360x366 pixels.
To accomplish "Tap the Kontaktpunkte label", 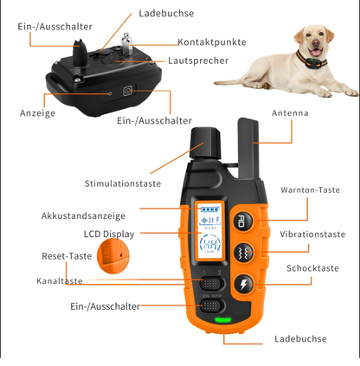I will (x=212, y=42).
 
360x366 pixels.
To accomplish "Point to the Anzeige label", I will (x=37, y=112).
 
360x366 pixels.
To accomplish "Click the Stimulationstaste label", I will (x=122, y=183).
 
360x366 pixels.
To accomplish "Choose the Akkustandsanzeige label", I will (x=83, y=215).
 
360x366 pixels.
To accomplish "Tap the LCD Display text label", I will (x=108, y=234).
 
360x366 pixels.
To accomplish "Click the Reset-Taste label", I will (x=67, y=256).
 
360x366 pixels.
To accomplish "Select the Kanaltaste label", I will (x=59, y=281).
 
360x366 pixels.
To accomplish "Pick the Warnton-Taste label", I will (x=309, y=190).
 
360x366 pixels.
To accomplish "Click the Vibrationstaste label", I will (x=312, y=234).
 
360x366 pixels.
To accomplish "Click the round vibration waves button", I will (x=241, y=253).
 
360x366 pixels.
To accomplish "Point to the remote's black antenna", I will (x=245, y=143).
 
